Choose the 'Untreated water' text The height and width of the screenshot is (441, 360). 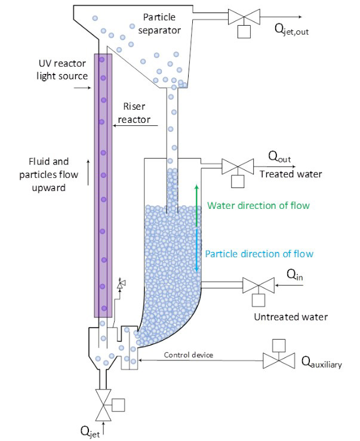click(x=291, y=316)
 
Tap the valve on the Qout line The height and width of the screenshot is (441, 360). click(x=235, y=166)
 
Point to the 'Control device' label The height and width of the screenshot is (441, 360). click(x=189, y=355)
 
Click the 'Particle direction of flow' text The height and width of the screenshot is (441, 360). click(x=259, y=254)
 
